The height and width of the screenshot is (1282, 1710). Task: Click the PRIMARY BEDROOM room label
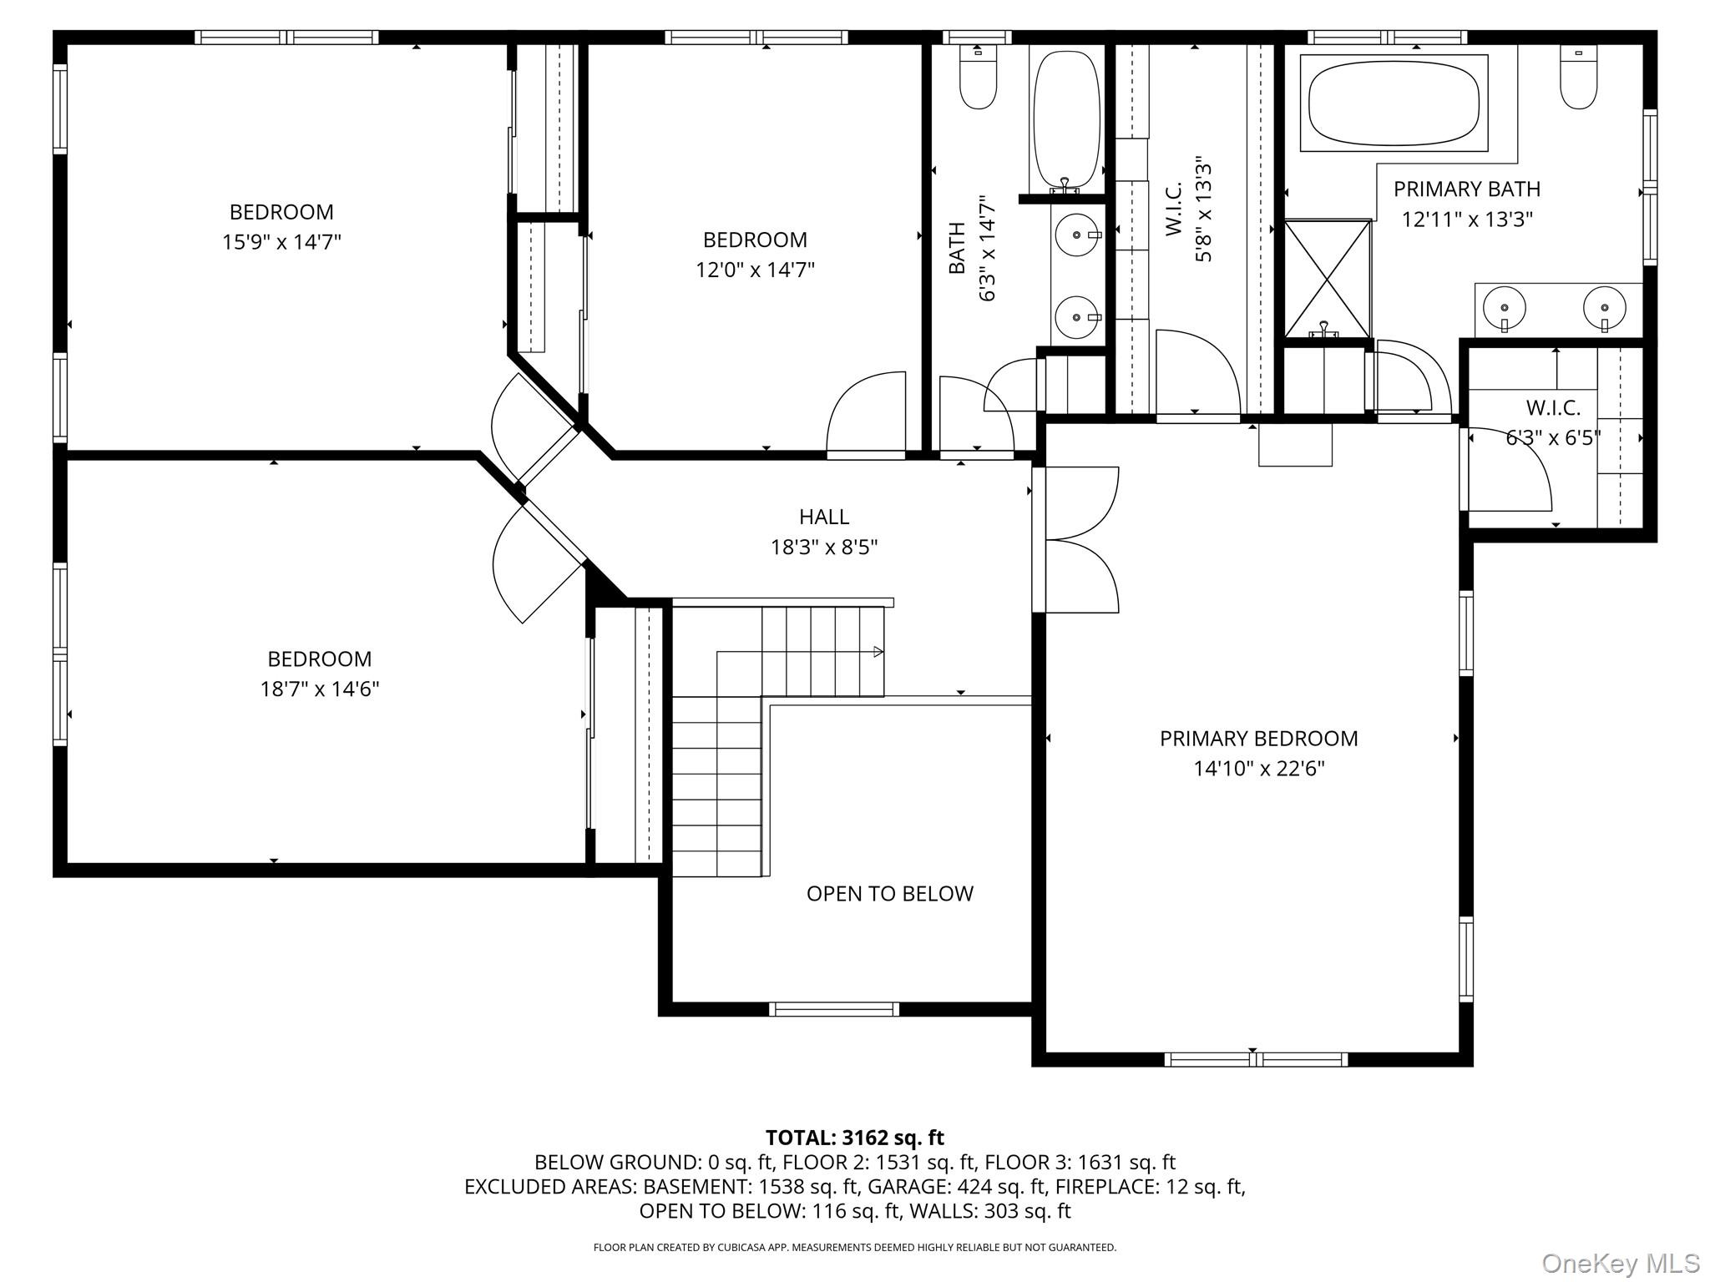click(1258, 738)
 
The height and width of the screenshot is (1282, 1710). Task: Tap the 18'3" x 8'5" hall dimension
click(823, 548)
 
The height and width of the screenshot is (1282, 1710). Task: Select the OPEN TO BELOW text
click(889, 893)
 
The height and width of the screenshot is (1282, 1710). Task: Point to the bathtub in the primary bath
click(1394, 103)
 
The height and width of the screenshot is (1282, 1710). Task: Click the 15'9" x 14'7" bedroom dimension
click(281, 242)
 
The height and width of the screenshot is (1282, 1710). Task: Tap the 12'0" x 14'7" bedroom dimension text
click(755, 270)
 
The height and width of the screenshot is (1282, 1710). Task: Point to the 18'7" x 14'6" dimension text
click(319, 689)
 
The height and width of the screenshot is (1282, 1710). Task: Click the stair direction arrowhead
click(878, 651)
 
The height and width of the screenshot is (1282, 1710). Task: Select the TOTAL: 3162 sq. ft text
click(854, 1138)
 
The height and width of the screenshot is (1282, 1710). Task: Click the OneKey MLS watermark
click(1620, 1263)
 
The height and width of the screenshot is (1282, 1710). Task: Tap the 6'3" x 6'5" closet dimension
click(1553, 437)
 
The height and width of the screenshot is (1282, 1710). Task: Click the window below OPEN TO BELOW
click(833, 1009)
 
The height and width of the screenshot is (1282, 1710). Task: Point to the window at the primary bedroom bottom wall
click(1255, 1059)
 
